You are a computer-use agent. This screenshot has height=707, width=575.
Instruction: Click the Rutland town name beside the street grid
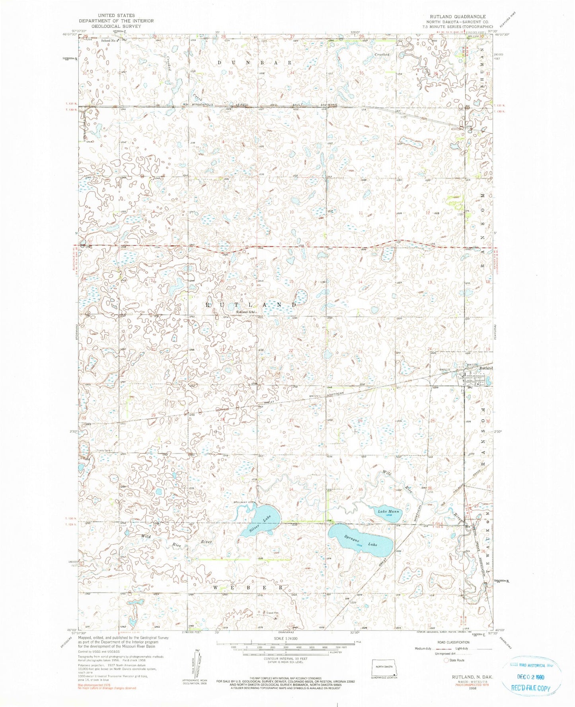(x=486, y=368)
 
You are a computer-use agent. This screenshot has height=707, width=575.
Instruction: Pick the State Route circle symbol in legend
(x=446, y=661)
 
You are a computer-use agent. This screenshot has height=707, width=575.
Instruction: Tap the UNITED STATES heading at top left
(x=116, y=16)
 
